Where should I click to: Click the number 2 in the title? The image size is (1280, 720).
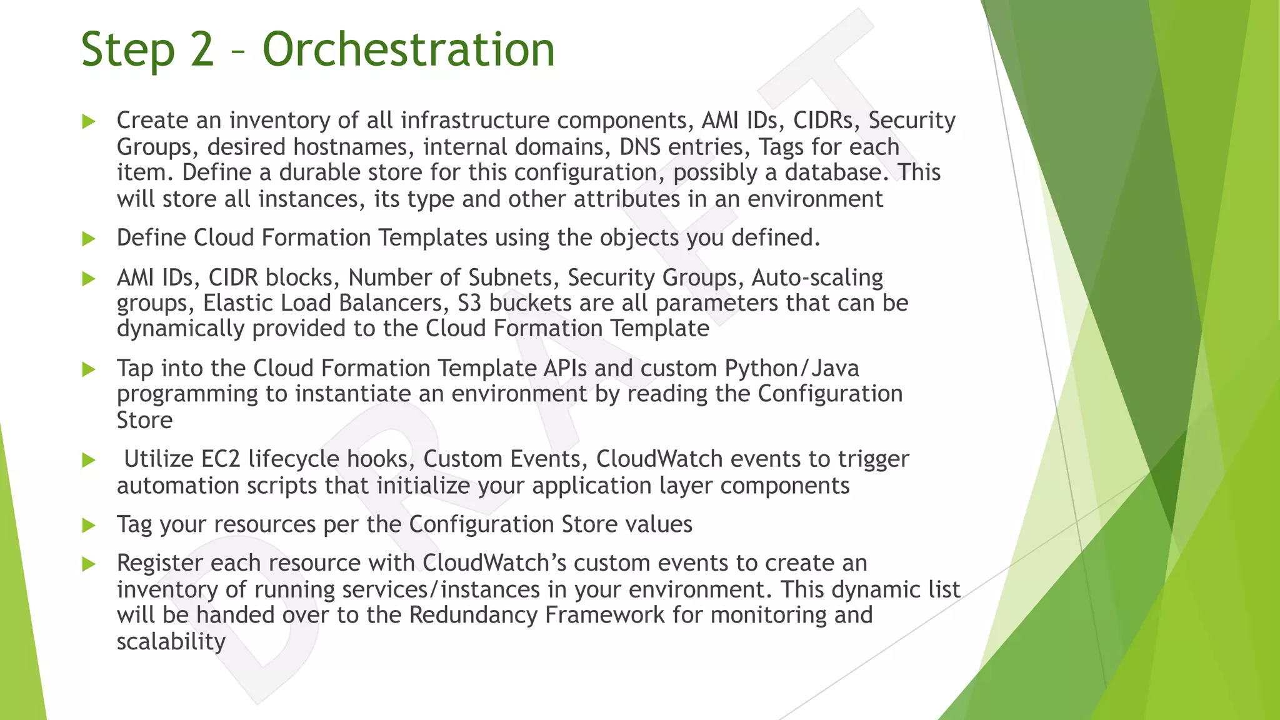202,50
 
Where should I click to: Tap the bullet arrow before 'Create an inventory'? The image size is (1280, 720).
89,121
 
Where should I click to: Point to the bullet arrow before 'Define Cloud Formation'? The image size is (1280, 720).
89,239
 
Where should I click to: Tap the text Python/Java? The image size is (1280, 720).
792,369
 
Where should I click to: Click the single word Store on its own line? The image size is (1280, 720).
144,420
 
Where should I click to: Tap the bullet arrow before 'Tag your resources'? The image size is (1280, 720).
89,525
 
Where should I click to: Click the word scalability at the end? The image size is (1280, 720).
171,641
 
